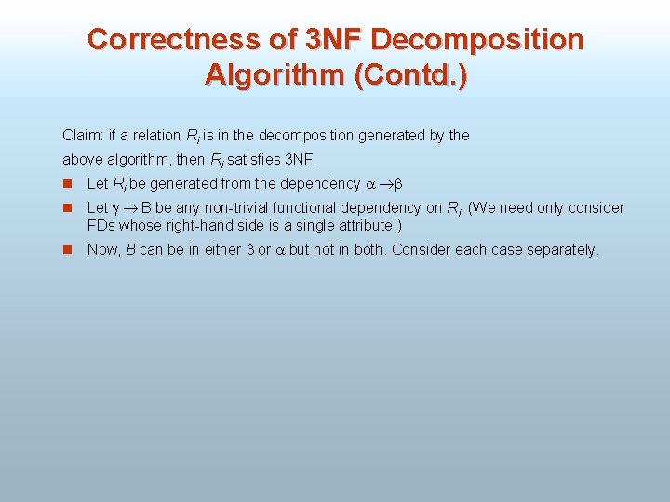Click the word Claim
(x=81, y=136)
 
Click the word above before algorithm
(x=82, y=160)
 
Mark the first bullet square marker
(x=68, y=184)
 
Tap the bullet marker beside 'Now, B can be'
(x=68, y=250)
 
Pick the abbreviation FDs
(x=100, y=226)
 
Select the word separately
(x=564, y=250)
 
